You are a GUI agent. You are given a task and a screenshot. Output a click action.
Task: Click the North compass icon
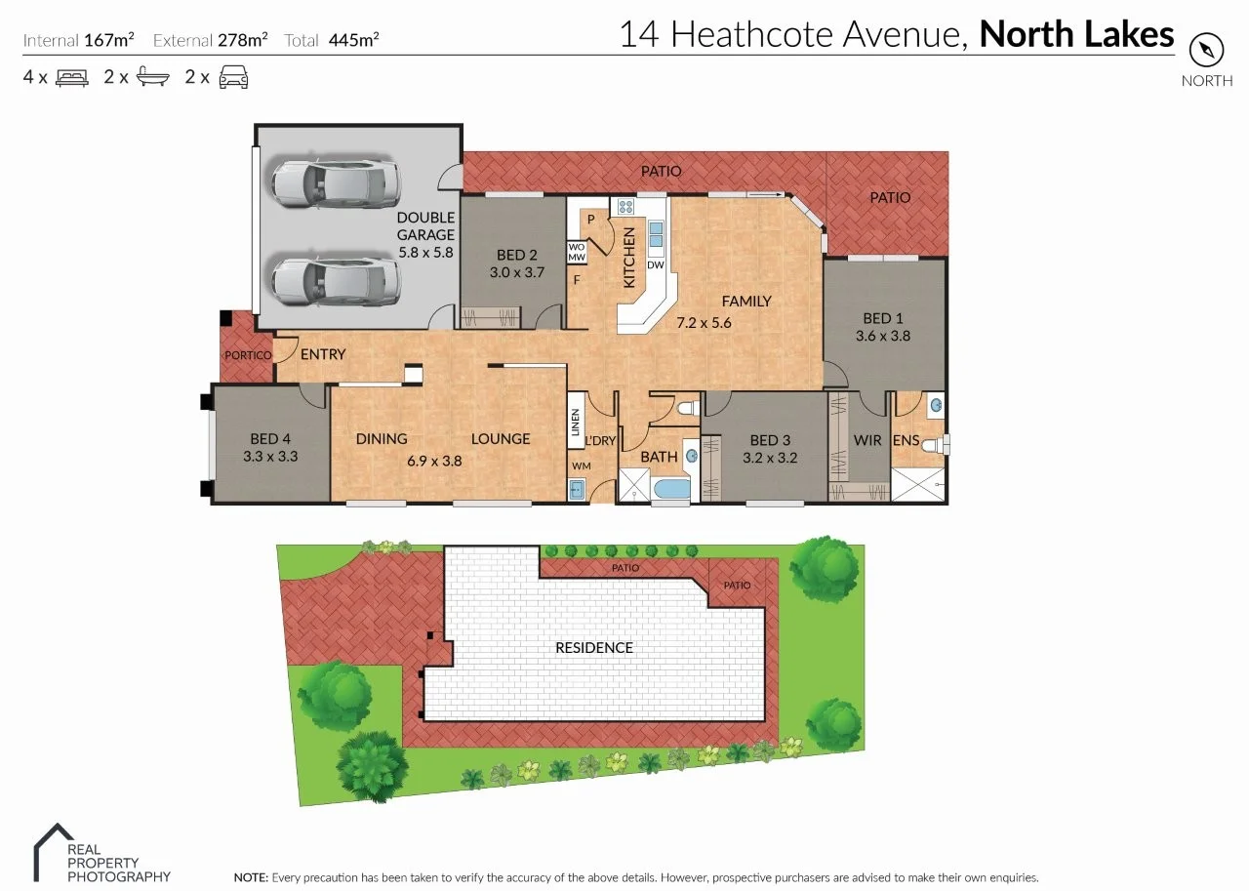pyautogui.click(x=1207, y=49)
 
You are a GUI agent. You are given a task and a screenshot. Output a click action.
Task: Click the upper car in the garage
pyautogui.click(x=336, y=182)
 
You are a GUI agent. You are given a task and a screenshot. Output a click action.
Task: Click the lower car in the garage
pyautogui.click(x=336, y=281)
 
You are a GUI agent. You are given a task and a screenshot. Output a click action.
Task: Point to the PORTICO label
pyautogui.click(x=248, y=355)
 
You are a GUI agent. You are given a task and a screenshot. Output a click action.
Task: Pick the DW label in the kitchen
pyautogui.click(x=655, y=264)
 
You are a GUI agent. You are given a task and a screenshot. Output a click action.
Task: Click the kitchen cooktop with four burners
pyautogui.click(x=623, y=206)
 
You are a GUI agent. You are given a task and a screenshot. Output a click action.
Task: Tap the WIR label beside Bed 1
pyautogui.click(x=867, y=440)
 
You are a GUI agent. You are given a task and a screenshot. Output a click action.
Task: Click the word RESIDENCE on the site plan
pyautogui.click(x=593, y=647)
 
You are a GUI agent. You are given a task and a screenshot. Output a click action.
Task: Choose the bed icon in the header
pyautogui.click(x=72, y=77)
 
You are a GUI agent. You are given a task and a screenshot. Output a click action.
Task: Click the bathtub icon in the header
pyautogui.click(x=153, y=77)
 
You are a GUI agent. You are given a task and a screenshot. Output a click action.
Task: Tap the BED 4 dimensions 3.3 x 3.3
pyautogui.click(x=270, y=456)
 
